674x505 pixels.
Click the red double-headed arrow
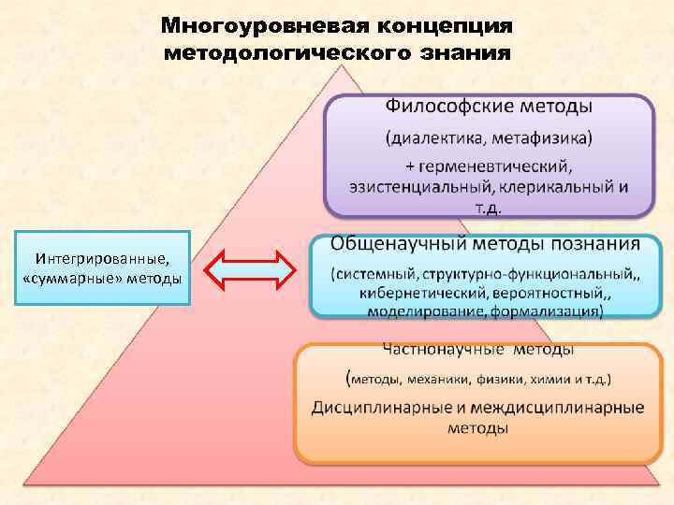coord(250,271)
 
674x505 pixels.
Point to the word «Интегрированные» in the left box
coord(95,258)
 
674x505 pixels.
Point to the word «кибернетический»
coord(418,292)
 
